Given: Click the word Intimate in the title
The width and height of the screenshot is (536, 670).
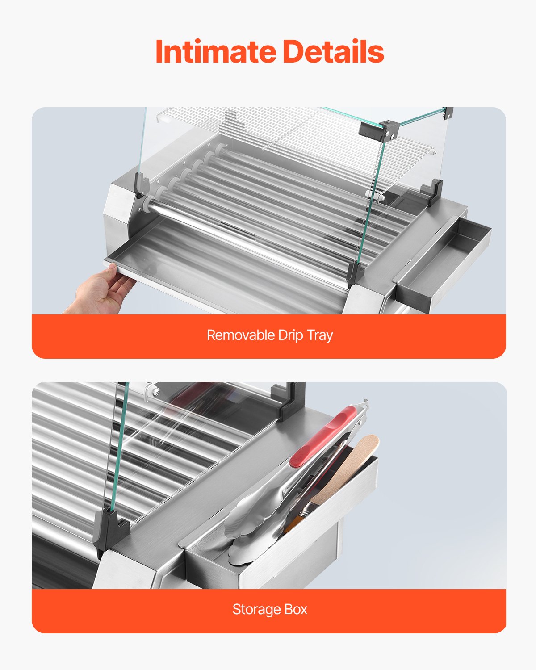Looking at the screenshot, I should (215, 52).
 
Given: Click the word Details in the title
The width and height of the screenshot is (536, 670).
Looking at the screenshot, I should (333, 52).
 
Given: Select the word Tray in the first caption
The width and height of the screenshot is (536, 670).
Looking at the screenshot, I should (320, 335).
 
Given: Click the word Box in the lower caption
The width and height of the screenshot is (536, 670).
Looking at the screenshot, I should (296, 609).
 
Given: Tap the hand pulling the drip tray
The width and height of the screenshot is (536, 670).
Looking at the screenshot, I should (100, 293).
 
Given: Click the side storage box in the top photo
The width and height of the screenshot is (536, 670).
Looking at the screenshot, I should (442, 264).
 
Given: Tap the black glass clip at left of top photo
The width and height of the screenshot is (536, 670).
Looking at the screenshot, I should (142, 185).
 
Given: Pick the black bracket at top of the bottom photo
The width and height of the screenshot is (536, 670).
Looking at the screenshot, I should (291, 400).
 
